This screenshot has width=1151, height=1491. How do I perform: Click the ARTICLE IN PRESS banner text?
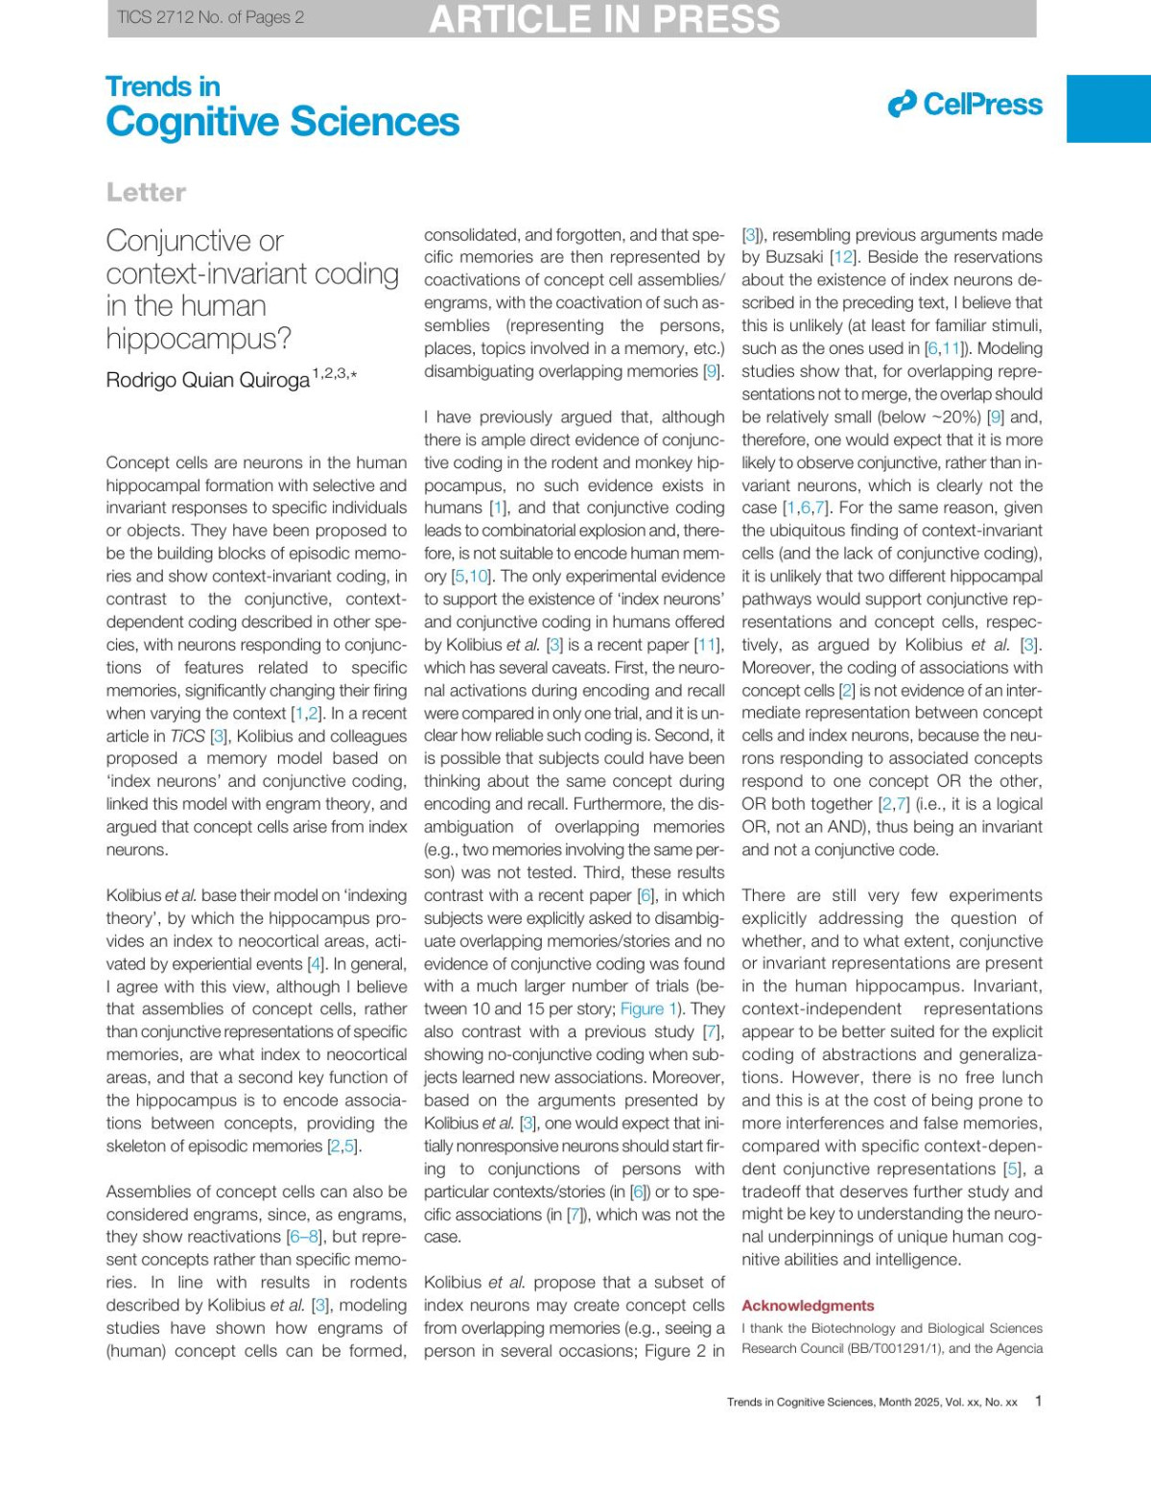[x=604, y=19]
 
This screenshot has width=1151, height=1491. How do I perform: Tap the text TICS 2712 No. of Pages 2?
[x=210, y=17]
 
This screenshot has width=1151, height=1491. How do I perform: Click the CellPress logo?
[x=965, y=104]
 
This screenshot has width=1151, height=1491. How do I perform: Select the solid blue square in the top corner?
[x=1108, y=108]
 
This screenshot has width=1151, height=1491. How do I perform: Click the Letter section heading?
[x=146, y=192]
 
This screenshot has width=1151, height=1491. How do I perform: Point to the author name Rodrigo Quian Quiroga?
[x=207, y=380]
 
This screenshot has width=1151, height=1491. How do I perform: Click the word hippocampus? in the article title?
[x=199, y=339]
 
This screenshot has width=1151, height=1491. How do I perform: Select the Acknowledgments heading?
[x=808, y=1306]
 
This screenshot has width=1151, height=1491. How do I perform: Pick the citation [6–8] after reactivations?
[x=304, y=1237]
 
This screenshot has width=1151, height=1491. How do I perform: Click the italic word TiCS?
[x=187, y=736]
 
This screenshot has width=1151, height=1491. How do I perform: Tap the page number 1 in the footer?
[x=1038, y=1401]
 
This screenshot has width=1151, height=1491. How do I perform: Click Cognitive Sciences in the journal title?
[x=282, y=122]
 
